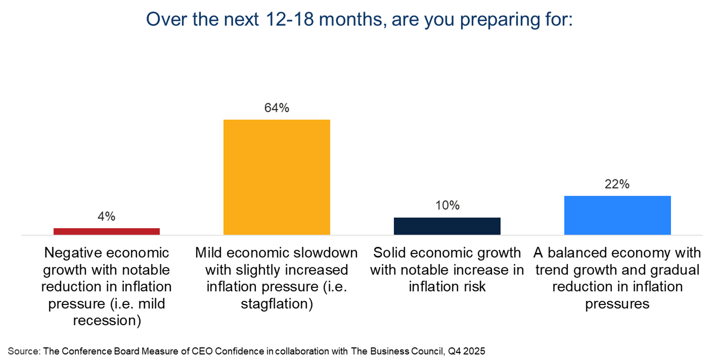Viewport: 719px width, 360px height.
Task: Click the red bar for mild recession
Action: tap(107, 231)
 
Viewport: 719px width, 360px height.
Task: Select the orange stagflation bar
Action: tap(277, 177)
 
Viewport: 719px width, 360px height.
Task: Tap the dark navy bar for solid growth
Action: tap(447, 226)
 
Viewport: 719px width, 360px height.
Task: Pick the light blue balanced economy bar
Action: tap(617, 215)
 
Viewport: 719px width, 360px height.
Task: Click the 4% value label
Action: tap(107, 216)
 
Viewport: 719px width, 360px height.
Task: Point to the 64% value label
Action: tap(277, 108)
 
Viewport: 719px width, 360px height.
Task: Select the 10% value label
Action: tap(447, 205)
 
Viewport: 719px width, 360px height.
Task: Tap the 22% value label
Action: tap(617, 184)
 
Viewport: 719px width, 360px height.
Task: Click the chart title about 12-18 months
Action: tap(359, 20)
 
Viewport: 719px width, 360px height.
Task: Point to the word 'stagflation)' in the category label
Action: tap(277, 304)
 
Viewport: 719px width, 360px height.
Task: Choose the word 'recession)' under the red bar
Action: tap(107, 321)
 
